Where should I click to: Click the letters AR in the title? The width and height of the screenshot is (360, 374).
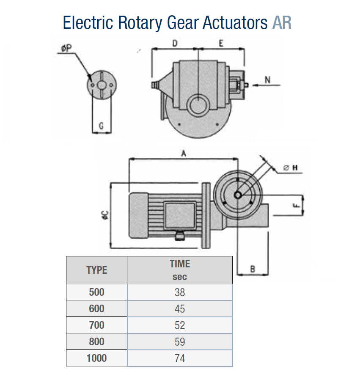pyautogui.click(x=282, y=23)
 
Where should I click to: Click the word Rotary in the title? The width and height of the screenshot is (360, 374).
pyautogui.click(x=140, y=23)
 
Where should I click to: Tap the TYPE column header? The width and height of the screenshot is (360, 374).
pyautogui.click(x=96, y=270)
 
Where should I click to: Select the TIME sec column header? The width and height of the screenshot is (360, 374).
pyautogui.click(x=180, y=270)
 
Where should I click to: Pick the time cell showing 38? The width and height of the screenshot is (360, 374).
pyautogui.click(x=180, y=292)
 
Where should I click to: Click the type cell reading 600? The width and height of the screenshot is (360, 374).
pyautogui.click(x=96, y=309)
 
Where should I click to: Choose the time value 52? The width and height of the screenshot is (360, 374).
pyautogui.click(x=180, y=325)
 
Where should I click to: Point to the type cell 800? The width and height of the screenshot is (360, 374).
pyautogui.click(x=96, y=341)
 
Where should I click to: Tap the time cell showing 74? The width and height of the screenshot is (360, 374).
pyautogui.click(x=180, y=358)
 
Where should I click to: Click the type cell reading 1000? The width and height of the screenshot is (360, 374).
pyautogui.click(x=96, y=358)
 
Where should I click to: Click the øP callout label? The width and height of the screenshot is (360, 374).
pyautogui.click(x=66, y=48)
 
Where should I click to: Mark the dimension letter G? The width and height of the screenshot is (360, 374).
pyautogui.click(x=101, y=126)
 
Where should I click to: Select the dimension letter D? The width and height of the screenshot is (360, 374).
pyautogui.click(x=175, y=44)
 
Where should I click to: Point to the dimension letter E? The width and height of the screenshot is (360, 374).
pyautogui.click(x=221, y=44)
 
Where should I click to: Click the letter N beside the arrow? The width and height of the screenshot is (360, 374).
pyautogui.click(x=268, y=80)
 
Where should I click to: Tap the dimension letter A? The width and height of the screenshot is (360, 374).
pyautogui.click(x=184, y=153)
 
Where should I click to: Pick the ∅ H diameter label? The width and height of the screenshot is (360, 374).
pyautogui.click(x=290, y=168)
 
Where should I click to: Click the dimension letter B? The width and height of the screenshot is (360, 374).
pyautogui.click(x=253, y=269)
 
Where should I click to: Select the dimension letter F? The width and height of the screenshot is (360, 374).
pyautogui.click(x=296, y=205)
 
